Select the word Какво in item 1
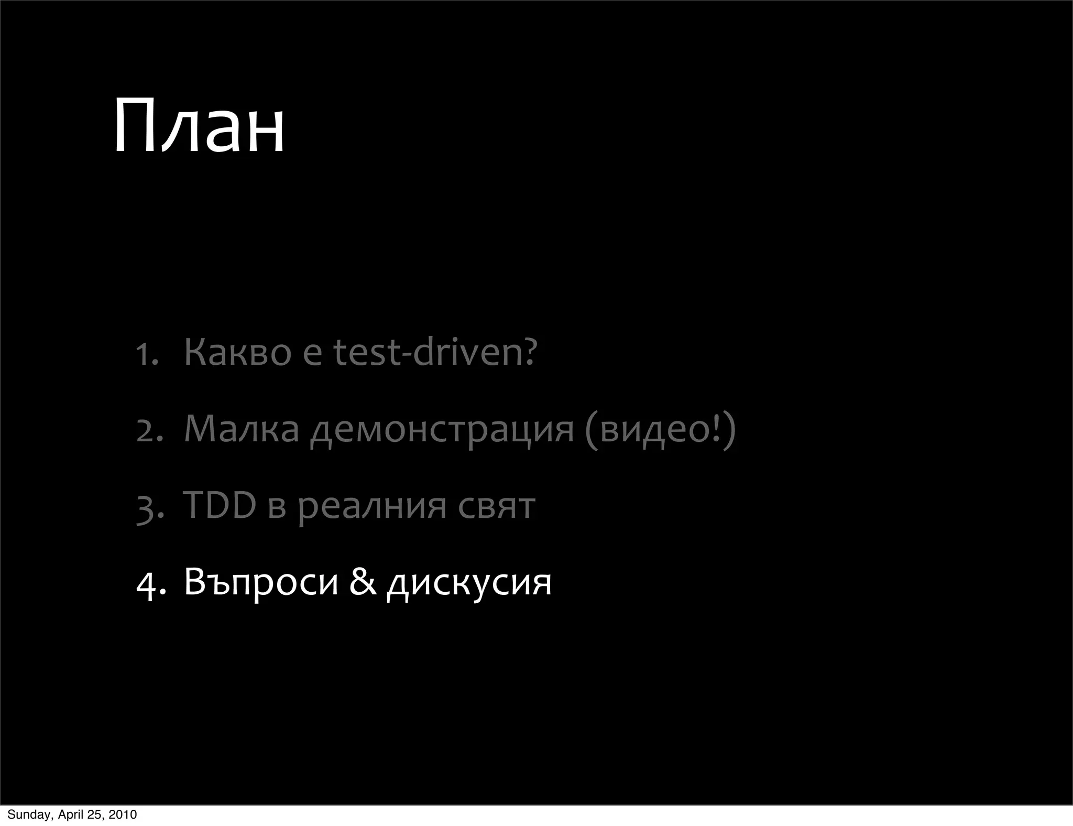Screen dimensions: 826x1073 [237, 352]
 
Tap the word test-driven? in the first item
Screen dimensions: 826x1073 [435, 352]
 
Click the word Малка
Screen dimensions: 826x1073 [242, 429]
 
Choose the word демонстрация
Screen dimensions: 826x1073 [442, 430]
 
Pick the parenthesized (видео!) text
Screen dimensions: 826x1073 [660, 430]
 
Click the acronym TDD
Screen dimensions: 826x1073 [220, 505]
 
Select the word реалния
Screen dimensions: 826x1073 [373, 507]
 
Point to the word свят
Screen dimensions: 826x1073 [496, 506]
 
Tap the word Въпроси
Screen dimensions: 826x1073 [261, 582]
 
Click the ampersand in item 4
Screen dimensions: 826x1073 [363, 581]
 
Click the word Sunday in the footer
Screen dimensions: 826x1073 [29, 814]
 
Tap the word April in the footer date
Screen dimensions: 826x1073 [71, 814]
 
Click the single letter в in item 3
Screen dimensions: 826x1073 [277, 507]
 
